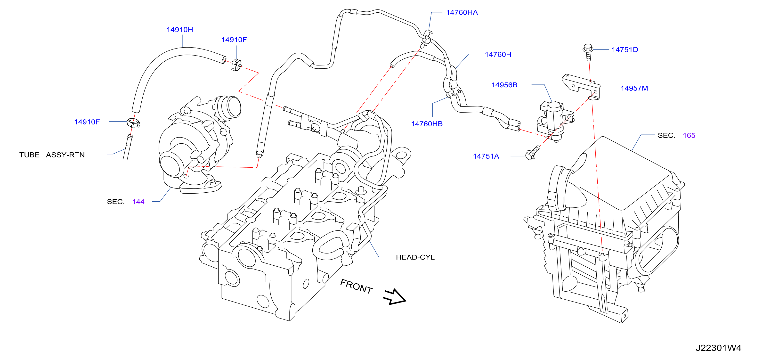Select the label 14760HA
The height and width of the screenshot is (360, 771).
point(462,13)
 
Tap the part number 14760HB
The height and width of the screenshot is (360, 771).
point(427,124)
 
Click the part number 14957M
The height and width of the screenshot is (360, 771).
point(634,88)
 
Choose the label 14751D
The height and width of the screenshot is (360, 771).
point(625,50)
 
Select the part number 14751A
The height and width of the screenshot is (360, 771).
point(486,156)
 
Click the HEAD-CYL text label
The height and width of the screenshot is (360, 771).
point(415,257)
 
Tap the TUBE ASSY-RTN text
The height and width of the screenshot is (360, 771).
point(52,155)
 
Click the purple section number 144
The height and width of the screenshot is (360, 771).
point(138,202)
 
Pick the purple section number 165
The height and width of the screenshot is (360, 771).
point(689,136)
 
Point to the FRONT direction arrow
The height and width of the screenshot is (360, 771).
point(395,297)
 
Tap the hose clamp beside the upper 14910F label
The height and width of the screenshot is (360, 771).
point(236,65)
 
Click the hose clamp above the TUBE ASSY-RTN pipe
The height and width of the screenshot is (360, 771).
point(133,123)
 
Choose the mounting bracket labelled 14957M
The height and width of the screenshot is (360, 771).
point(581,87)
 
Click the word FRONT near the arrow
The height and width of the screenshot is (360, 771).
point(357,286)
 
